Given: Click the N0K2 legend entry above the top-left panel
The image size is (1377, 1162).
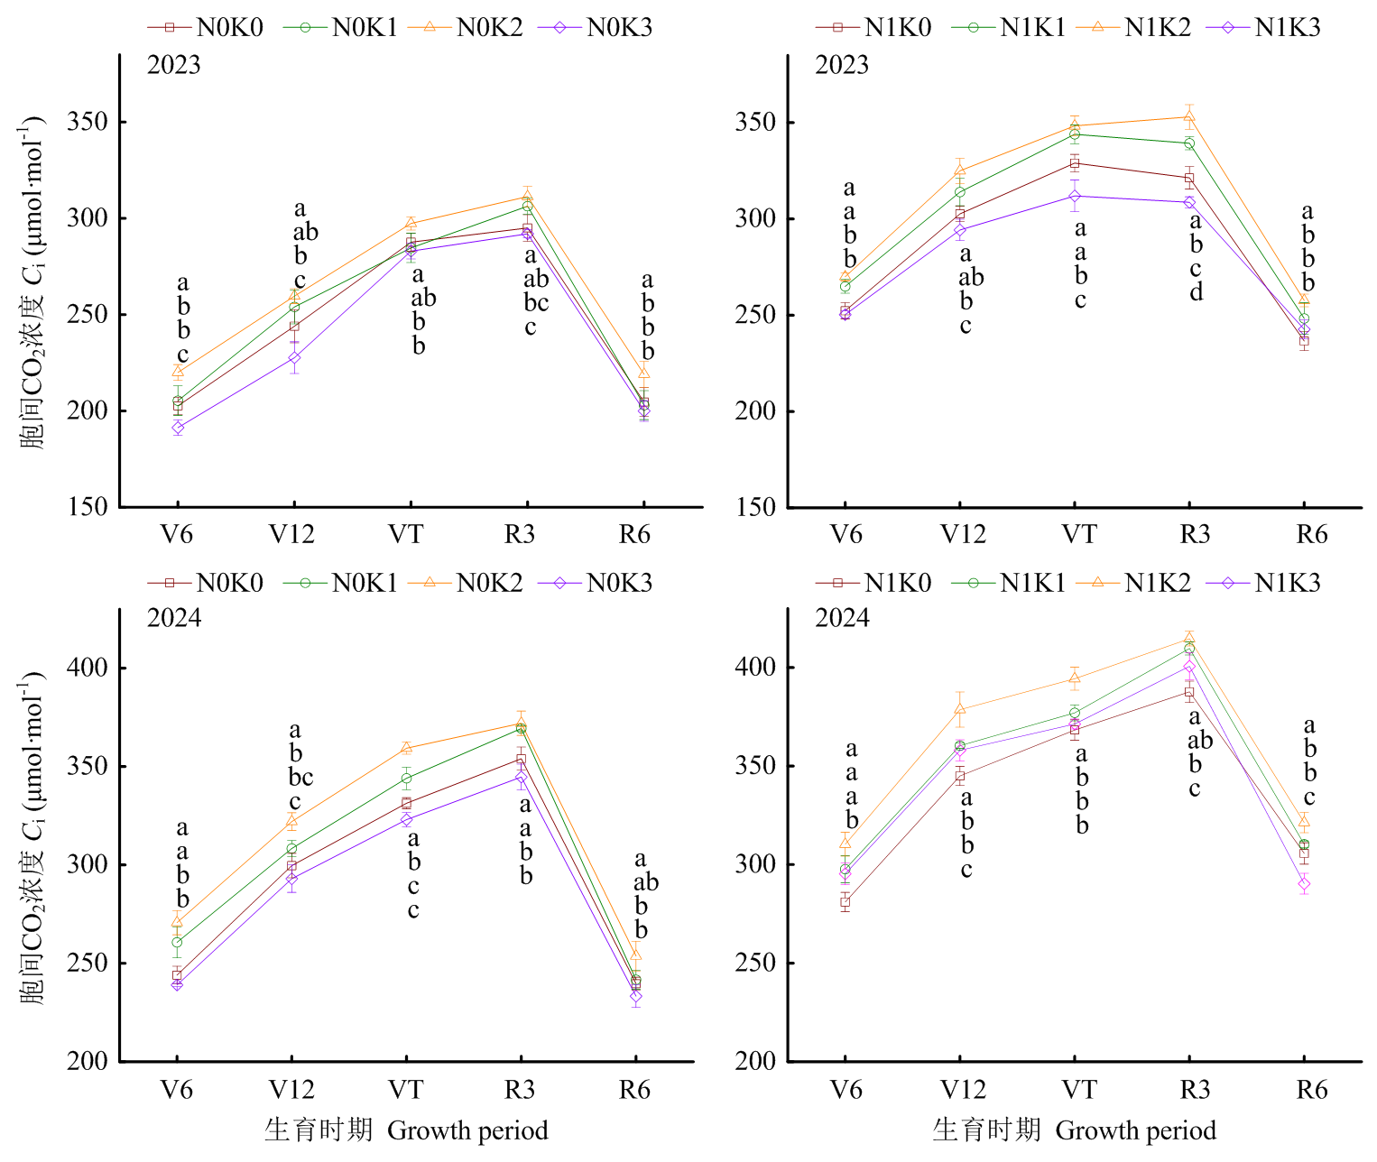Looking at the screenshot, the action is pyautogui.click(x=465, y=27).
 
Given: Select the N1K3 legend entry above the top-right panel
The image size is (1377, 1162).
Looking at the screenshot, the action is pyautogui.click(x=1262, y=27).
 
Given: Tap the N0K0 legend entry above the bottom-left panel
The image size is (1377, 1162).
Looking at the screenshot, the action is pyautogui.click(x=205, y=582).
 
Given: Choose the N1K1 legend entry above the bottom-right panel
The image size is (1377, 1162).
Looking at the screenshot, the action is pyautogui.click(x=1008, y=582).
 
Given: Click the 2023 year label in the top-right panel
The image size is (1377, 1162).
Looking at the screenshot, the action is pyautogui.click(x=842, y=65).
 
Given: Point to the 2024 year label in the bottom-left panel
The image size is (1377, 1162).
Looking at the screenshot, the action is pyautogui.click(x=173, y=618).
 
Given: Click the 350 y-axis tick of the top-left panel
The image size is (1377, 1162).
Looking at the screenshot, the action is pyautogui.click(x=87, y=122).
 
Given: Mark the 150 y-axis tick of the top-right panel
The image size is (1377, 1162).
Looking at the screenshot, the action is pyautogui.click(x=755, y=506).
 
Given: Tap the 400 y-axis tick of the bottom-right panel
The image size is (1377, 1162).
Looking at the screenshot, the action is pyautogui.click(x=755, y=666).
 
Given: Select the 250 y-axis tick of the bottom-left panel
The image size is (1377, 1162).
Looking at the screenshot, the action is pyautogui.click(x=87, y=963).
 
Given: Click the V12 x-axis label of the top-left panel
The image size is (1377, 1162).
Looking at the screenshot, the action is pyautogui.click(x=291, y=534).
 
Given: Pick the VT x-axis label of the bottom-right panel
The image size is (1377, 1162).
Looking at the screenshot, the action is pyautogui.click(x=1079, y=1090).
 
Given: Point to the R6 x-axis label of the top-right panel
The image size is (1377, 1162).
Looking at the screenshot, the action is pyautogui.click(x=1312, y=534).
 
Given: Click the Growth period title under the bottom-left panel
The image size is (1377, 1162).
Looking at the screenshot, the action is pyautogui.click(x=467, y=1130).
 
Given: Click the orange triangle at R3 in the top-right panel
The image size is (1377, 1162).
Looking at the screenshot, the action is pyautogui.click(x=1189, y=116).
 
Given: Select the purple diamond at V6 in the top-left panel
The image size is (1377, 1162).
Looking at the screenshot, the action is pyautogui.click(x=178, y=428).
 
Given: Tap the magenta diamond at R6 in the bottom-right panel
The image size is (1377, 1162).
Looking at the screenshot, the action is pyautogui.click(x=1304, y=884).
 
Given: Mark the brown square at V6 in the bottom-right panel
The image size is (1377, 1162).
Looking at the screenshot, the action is pyautogui.click(x=845, y=902).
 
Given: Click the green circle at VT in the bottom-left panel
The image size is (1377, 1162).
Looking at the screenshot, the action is pyautogui.click(x=406, y=779).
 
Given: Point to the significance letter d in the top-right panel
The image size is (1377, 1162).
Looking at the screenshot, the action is pyautogui.click(x=1197, y=290).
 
